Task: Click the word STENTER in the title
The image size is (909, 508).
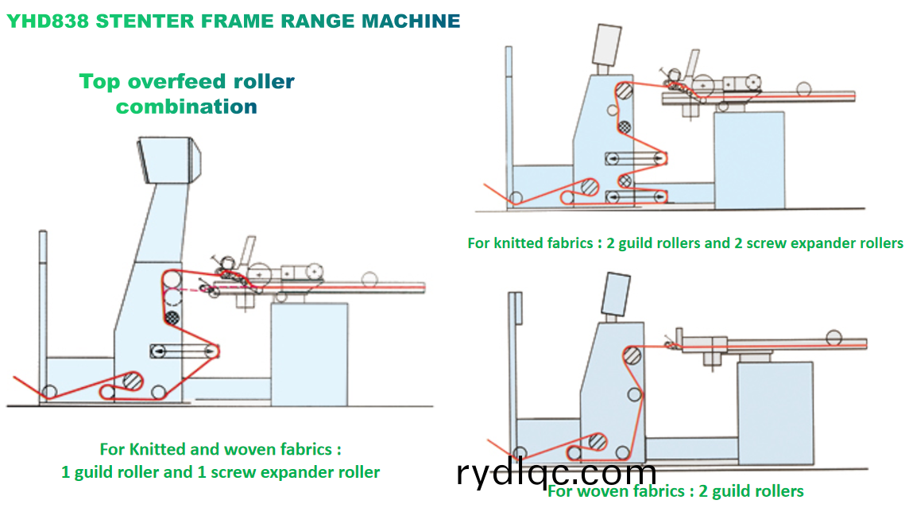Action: [136, 21]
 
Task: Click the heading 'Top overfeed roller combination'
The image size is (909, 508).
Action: [187, 93]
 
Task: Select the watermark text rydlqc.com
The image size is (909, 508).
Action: [556, 473]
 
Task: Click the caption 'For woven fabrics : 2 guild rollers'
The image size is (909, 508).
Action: [675, 491]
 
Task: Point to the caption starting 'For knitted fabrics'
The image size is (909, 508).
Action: [685, 242]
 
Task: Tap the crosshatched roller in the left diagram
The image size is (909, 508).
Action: [171, 316]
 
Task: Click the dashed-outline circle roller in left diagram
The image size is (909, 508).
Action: [172, 297]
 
